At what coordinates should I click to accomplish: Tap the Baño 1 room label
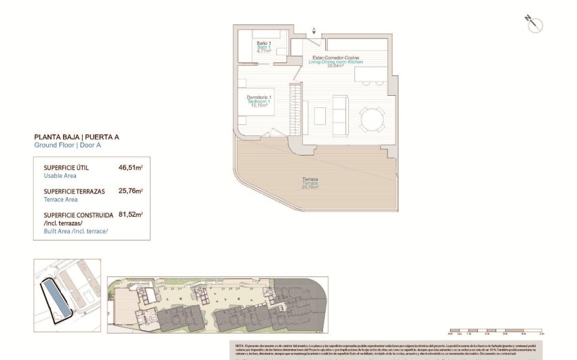pyautogui.click(x=263, y=44)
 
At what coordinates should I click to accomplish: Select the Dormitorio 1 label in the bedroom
pyautogui.click(x=259, y=98)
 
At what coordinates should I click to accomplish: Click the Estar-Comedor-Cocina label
pyautogui.click(x=335, y=58)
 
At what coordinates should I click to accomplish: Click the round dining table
pyautogui.click(x=371, y=120)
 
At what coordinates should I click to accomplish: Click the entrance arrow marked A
pyautogui.click(x=314, y=30)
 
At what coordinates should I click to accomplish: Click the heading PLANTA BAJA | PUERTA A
pyautogui.click(x=76, y=137)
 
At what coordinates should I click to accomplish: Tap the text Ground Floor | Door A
pyautogui.click(x=68, y=145)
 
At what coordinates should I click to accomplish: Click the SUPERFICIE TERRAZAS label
pyautogui.click(x=75, y=192)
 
